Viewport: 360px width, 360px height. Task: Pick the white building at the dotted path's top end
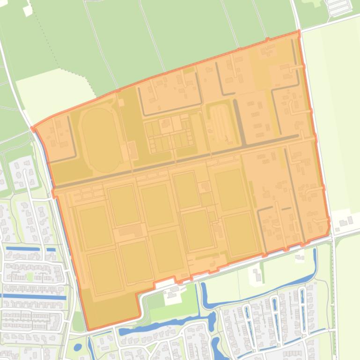point(28,10)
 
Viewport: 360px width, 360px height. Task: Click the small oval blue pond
point(78,347)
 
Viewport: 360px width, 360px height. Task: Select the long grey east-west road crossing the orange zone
point(178,161)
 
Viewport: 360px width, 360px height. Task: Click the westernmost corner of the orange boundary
point(32,128)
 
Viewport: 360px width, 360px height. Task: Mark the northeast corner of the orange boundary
point(299,32)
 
